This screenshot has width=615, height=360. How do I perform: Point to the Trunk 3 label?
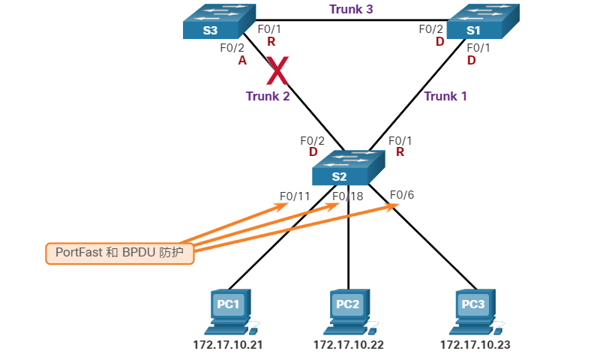(350, 10)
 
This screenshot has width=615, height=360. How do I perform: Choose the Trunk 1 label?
(445, 96)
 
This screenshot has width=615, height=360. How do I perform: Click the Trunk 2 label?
(268, 96)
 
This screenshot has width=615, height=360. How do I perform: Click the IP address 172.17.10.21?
(228, 345)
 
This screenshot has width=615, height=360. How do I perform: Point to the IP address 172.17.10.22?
(349, 345)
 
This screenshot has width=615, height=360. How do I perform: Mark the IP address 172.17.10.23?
(475, 345)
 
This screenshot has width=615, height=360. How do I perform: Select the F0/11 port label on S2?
(295, 196)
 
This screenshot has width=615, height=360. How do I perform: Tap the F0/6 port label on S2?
(402, 195)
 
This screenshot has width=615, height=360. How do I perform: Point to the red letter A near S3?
(242, 61)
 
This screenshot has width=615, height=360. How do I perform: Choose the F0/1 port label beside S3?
(270, 29)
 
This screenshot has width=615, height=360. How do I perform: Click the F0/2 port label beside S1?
(431, 29)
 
